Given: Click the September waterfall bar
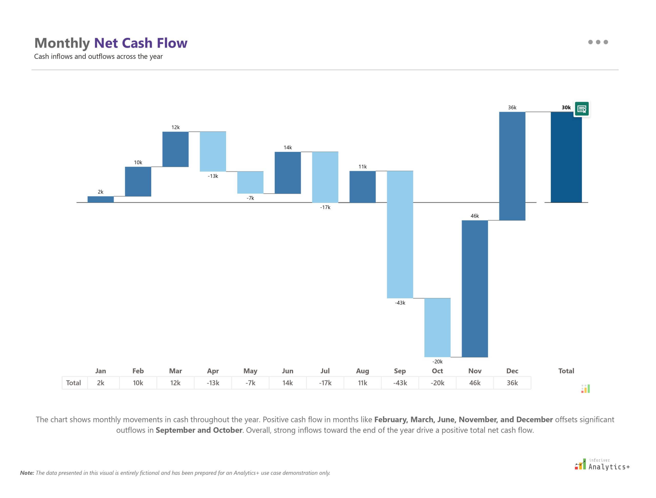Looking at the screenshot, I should [400, 234].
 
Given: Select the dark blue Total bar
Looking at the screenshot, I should [566, 157].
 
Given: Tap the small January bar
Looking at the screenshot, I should [101, 199].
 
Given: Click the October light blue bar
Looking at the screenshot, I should [437, 327].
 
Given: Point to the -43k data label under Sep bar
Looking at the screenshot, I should [400, 303].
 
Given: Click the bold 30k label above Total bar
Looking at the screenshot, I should [566, 107].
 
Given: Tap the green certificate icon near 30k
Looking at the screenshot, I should [581, 109].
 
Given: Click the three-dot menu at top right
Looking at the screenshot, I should [598, 42].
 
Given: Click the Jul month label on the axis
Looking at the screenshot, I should [325, 371].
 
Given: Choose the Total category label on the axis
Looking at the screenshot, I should [566, 371].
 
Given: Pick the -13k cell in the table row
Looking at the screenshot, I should [213, 383].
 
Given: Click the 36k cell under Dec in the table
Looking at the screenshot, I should [512, 383].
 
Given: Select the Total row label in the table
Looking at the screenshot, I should [73, 383].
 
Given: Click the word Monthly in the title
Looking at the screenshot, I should [62, 43].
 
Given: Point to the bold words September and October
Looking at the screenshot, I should [199, 430].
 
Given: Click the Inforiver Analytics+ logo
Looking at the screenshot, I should [602, 464].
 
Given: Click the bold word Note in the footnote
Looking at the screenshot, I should [27, 473].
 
